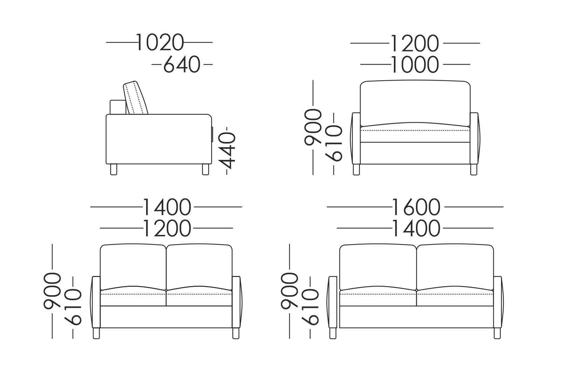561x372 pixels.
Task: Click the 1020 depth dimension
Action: (x=160, y=42)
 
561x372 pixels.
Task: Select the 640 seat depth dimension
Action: (x=182, y=65)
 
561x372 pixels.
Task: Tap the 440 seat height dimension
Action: (x=227, y=151)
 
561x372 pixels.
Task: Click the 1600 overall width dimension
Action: (x=416, y=207)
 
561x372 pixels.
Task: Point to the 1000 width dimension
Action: (x=415, y=65)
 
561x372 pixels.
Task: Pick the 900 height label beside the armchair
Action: (x=313, y=127)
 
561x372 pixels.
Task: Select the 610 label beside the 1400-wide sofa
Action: (x=73, y=307)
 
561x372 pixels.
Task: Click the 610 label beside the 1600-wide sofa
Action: (x=310, y=307)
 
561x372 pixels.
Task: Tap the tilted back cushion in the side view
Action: (x=136, y=98)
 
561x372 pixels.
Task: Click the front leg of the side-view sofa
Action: (x=205, y=169)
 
